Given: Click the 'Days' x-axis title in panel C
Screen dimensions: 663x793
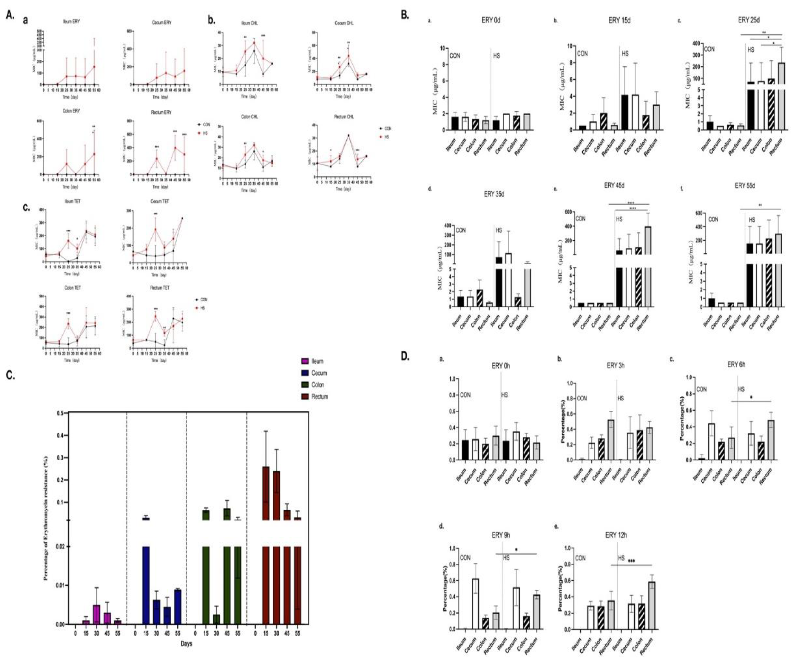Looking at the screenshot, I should (186, 643).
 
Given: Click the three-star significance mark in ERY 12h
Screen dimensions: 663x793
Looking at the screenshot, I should (631, 561).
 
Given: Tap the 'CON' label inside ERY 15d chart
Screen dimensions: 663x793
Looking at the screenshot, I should (582, 54).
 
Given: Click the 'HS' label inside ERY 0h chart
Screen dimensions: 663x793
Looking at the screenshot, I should (504, 395).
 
